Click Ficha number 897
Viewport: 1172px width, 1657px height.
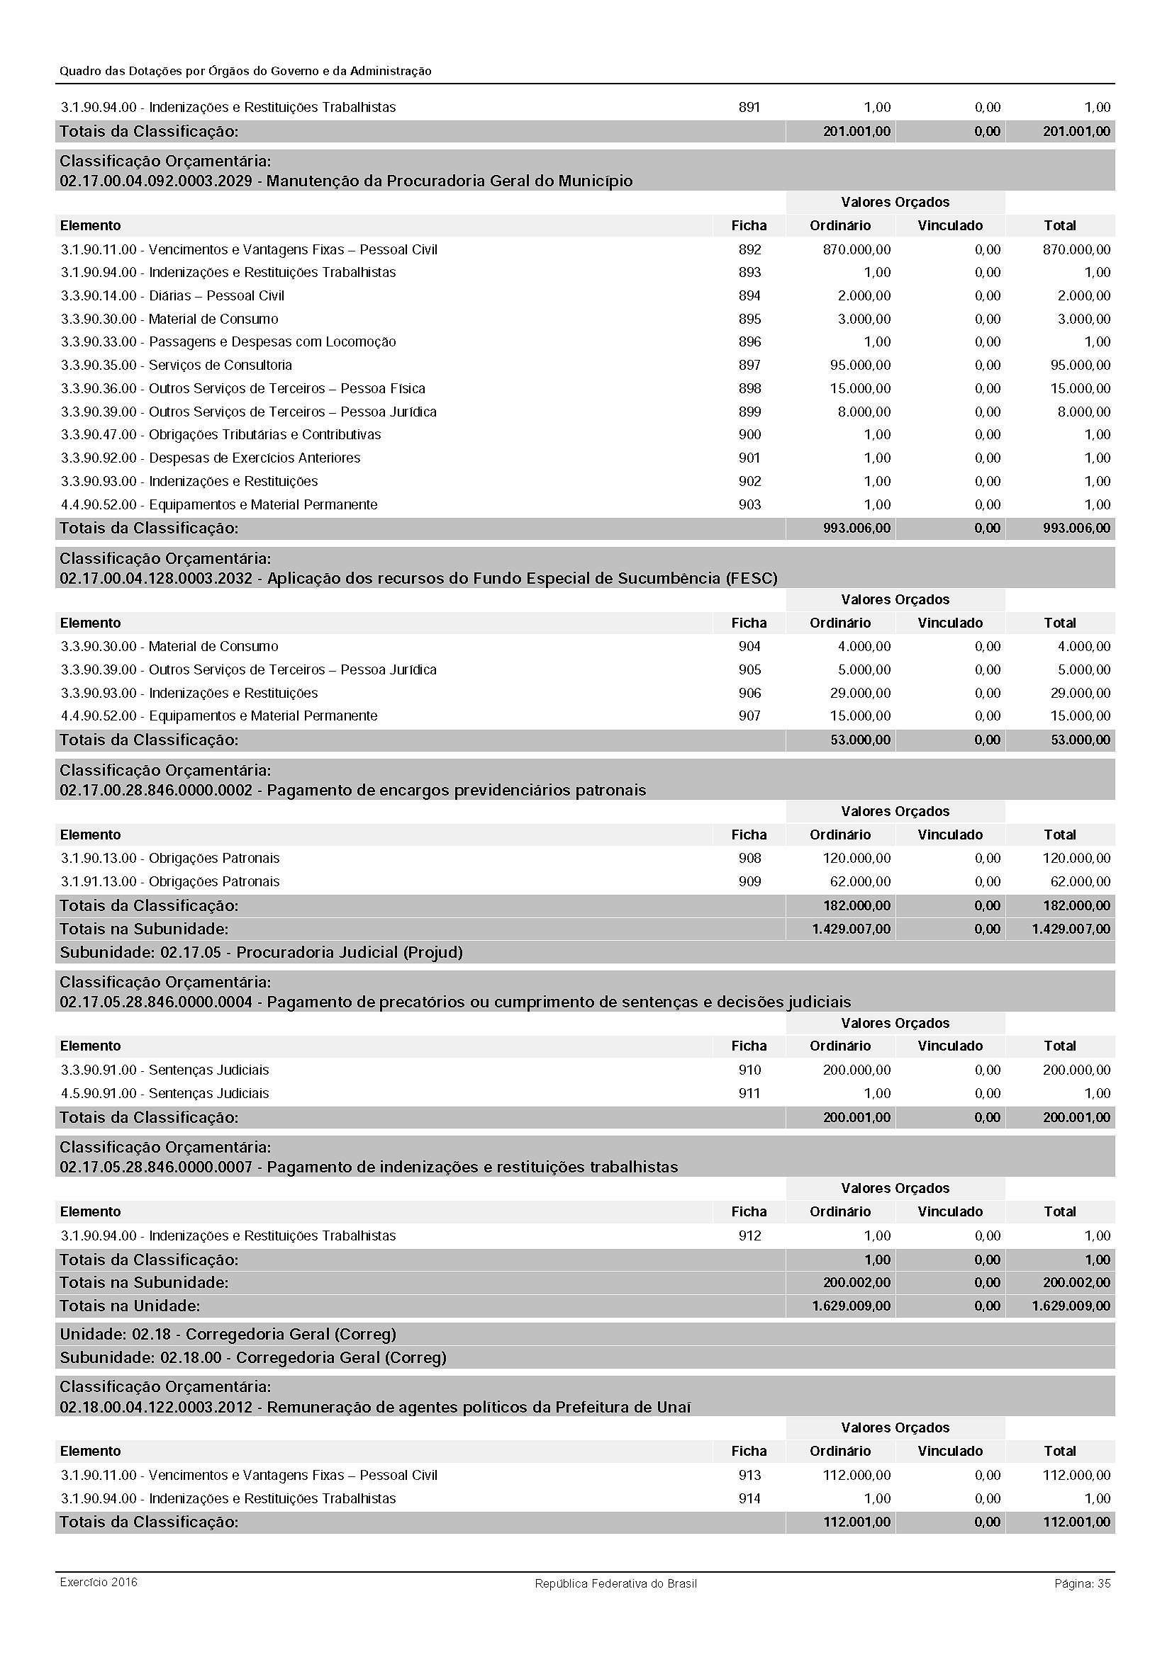[x=749, y=365]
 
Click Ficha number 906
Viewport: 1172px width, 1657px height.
[x=749, y=693]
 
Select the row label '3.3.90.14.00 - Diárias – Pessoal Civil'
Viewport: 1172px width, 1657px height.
[x=172, y=296]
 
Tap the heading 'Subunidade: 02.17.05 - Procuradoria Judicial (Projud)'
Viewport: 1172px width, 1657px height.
[x=261, y=952]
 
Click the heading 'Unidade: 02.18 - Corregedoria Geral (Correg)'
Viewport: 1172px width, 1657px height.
[x=228, y=1334]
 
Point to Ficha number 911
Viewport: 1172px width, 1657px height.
[x=749, y=1093]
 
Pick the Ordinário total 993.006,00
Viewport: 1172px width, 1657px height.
[x=856, y=528]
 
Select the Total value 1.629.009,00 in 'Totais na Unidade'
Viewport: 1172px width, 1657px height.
[x=1071, y=1306]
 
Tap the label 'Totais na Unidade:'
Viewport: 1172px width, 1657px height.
[x=130, y=1306]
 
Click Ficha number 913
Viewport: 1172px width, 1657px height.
[x=749, y=1475]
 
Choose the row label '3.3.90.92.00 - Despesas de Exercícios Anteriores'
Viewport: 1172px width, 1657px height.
[x=210, y=458]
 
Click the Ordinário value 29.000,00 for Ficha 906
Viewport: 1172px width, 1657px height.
[x=860, y=693]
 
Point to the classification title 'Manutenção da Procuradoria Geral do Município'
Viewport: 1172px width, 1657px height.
[x=449, y=181]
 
